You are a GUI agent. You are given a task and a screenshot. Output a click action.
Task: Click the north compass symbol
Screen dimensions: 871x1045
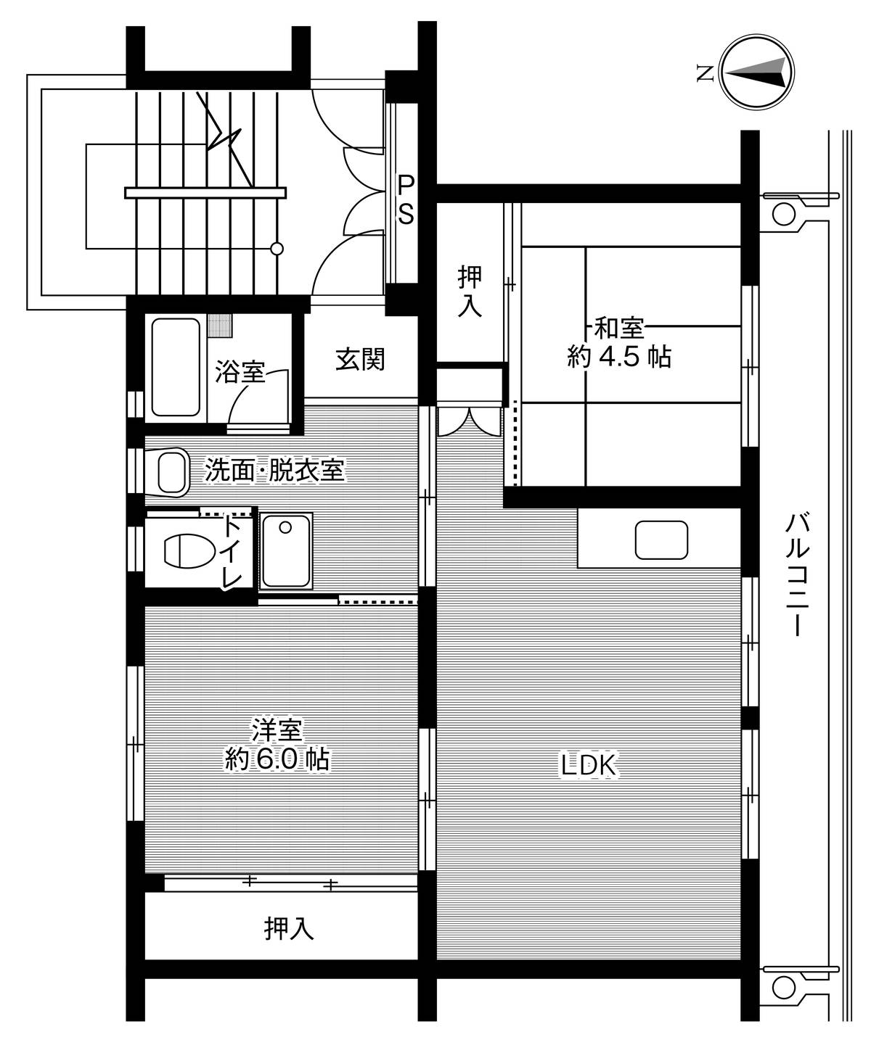pos(756,72)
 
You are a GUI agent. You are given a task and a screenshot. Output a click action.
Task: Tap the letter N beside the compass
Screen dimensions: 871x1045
pos(706,74)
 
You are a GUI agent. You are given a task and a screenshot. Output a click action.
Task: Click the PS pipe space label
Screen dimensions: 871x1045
pos(406,200)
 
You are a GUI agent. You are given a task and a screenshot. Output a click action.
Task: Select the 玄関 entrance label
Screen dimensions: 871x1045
pos(359,360)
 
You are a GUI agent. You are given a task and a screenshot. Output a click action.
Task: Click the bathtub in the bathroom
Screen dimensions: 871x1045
pos(176,368)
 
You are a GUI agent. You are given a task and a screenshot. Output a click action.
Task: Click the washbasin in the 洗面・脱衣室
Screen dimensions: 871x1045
pos(173,472)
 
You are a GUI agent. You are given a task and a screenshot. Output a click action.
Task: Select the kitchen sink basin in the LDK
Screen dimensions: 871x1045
pos(661,540)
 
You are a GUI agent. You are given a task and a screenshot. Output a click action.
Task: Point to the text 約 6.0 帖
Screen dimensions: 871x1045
pos(277,759)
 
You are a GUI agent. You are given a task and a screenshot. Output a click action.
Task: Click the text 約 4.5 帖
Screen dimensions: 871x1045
pos(619,357)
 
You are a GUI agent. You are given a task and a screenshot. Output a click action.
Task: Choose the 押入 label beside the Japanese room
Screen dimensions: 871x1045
pos(470,292)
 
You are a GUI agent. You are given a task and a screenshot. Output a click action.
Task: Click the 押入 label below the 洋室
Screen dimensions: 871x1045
pos(289,929)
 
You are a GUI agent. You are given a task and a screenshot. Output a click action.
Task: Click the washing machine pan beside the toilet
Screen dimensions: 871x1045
pos(286,550)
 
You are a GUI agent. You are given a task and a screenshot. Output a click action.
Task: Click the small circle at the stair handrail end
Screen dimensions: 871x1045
pos(277,248)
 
